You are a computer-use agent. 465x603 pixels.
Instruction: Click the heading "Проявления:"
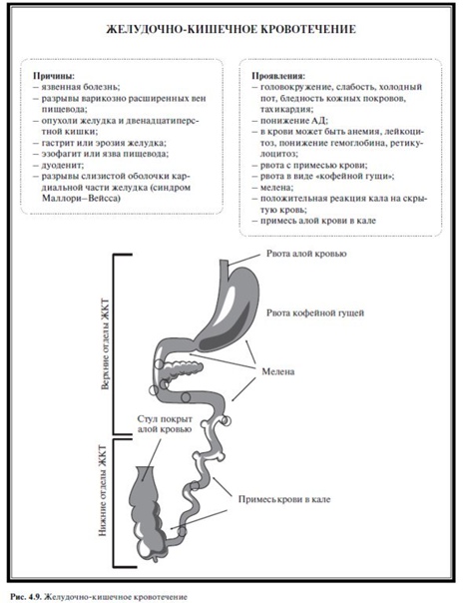[278, 76]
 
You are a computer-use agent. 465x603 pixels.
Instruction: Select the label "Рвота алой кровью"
[306, 254]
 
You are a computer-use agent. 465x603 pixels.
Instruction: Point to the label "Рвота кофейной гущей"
[315, 312]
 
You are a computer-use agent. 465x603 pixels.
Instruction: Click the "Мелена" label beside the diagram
[277, 371]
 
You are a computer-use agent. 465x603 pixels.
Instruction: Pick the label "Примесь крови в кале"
[284, 499]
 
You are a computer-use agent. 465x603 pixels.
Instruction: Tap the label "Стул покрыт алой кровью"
[165, 424]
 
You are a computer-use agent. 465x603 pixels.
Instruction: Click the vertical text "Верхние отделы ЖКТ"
[106, 344]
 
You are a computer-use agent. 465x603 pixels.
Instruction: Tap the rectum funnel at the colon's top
[145, 474]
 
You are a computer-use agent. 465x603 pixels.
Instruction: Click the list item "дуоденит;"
[63, 166]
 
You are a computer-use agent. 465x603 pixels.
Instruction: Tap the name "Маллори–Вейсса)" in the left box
[81, 199]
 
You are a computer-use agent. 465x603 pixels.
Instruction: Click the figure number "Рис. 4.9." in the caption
[26, 597]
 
